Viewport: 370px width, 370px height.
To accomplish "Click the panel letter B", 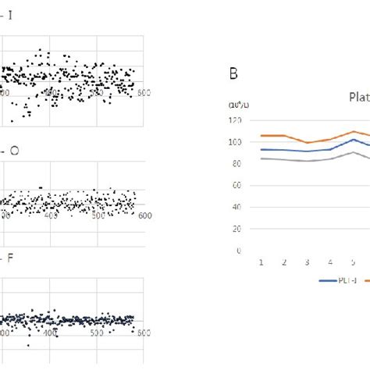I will tap(233, 75).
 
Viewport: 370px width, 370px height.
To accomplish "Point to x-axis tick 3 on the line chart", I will tap(308, 263).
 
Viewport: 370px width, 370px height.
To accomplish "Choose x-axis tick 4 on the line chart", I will tap(331, 263).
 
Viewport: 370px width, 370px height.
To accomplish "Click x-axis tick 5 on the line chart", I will tap(354, 263).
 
